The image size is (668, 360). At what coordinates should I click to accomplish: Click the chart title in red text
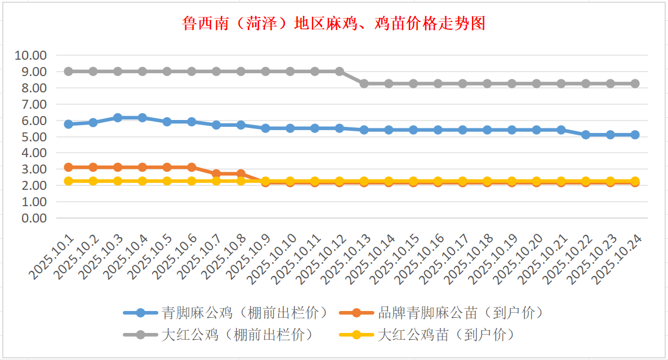[333, 24]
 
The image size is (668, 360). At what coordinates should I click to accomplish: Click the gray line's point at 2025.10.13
[364, 83]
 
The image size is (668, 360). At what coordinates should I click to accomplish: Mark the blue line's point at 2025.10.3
[118, 118]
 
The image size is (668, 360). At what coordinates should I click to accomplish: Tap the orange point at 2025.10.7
[216, 174]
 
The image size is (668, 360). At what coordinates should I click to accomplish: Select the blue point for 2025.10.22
[586, 135]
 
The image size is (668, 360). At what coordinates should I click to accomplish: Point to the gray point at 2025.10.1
[68, 72]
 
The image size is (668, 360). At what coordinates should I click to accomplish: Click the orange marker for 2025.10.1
[68, 167]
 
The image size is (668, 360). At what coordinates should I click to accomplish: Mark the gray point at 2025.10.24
[635, 83]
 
